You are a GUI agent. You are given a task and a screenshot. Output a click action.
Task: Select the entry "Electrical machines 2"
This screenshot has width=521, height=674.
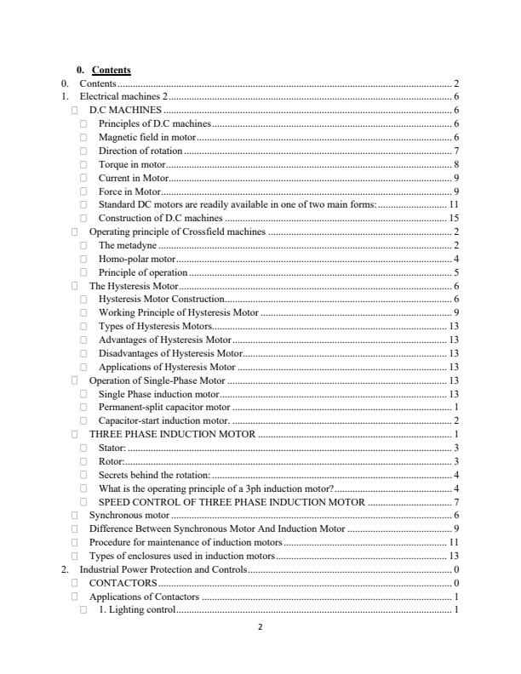[123, 97]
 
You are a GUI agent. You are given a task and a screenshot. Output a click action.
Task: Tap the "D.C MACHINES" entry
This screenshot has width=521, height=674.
[126, 111]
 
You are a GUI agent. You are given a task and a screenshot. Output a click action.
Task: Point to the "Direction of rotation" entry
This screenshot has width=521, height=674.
[140, 151]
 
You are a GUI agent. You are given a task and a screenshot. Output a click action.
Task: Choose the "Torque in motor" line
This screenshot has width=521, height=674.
[131, 164]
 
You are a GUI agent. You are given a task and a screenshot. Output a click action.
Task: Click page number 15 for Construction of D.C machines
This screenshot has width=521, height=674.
[454, 218]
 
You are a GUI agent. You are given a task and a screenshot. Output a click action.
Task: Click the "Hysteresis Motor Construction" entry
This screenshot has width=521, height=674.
[161, 299]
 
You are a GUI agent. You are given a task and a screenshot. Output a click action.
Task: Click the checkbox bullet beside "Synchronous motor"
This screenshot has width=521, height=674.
[75, 515]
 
